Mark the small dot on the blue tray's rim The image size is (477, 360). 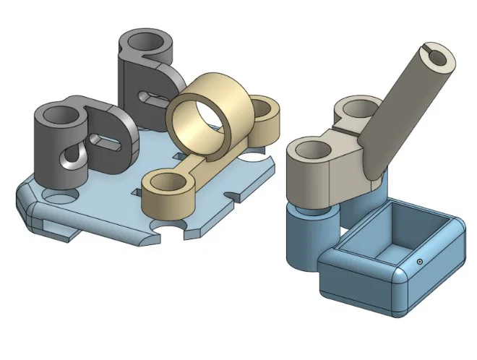pyautogui.click(x=419, y=261)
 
